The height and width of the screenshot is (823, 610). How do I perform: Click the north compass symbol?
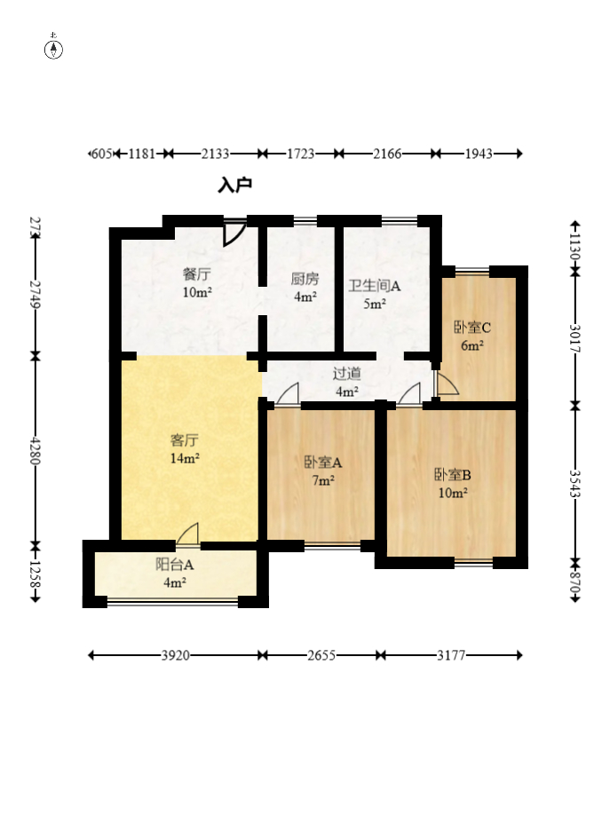[53, 49]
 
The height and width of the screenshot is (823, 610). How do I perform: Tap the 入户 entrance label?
[234, 185]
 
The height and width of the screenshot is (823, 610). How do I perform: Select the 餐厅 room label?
[197, 274]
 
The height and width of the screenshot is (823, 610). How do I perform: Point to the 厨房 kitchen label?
[305, 279]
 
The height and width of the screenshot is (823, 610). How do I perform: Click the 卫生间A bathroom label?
[375, 286]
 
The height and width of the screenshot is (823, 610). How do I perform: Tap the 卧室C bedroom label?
[472, 328]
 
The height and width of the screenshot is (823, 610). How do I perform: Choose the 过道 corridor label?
[346, 374]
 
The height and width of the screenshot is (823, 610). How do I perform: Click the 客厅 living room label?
[185, 439]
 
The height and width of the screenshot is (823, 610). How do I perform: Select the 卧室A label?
[323, 463]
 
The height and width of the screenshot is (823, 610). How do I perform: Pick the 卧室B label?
[453, 475]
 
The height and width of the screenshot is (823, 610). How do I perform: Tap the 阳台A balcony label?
[174, 565]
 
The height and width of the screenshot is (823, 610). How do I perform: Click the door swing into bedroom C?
[447, 384]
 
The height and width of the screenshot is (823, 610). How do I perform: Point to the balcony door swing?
[188, 534]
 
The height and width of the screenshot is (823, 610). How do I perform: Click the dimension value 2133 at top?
[215, 154]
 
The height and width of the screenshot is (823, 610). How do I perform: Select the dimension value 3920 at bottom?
[175, 655]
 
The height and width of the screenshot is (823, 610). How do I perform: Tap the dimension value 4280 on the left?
[36, 450]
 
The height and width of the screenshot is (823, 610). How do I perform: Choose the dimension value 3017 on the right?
[575, 338]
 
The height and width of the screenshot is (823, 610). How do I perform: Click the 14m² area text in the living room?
[185, 458]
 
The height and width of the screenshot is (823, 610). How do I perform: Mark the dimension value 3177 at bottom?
[451, 655]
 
